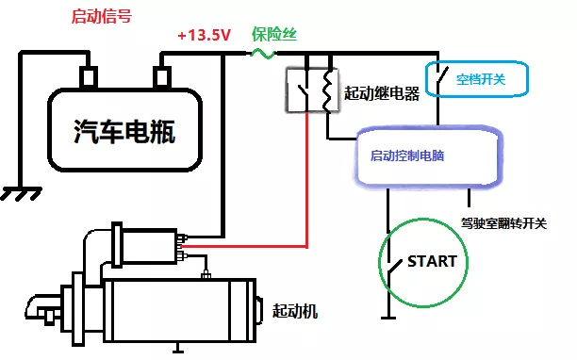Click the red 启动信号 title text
pyautogui.click(x=102, y=17)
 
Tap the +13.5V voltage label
pyautogui.click(x=204, y=36)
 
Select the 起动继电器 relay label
pyautogui.click(x=382, y=92)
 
